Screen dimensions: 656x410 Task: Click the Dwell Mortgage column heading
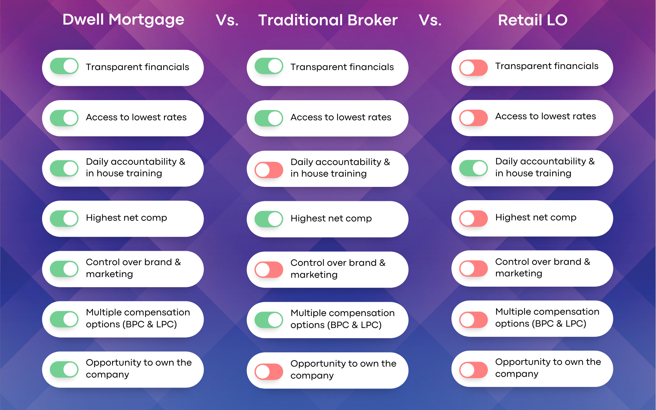(x=123, y=20)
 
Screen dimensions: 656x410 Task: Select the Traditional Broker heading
(x=328, y=20)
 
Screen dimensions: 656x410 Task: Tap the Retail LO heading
(x=533, y=20)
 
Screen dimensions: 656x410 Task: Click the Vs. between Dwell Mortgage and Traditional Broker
(x=227, y=20)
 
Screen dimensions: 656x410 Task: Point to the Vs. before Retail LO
(x=430, y=20)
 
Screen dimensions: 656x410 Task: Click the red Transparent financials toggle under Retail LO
(x=474, y=68)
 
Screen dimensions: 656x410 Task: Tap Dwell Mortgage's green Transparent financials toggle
(x=64, y=66)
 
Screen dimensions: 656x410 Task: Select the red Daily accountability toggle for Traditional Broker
(x=269, y=170)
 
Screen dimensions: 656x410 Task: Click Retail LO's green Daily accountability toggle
(x=474, y=168)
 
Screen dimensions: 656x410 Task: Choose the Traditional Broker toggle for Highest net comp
(x=269, y=219)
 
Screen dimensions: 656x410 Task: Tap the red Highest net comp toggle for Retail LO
(x=474, y=219)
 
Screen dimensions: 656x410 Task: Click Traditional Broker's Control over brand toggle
(x=269, y=270)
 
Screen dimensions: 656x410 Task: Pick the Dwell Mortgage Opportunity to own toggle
(x=64, y=369)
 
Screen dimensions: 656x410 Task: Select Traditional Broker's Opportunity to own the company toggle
(x=269, y=372)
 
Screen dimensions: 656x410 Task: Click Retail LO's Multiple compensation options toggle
(x=474, y=320)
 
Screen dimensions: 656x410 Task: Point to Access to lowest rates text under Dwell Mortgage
(x=136, y=117)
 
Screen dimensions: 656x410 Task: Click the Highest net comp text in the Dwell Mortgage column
(x=126, y=218)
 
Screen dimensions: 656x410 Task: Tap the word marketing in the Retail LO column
(x=519, y=274)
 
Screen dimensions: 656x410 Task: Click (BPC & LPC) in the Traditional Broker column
(x=355, y=325)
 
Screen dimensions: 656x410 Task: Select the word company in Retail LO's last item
(x=517, y=374)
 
